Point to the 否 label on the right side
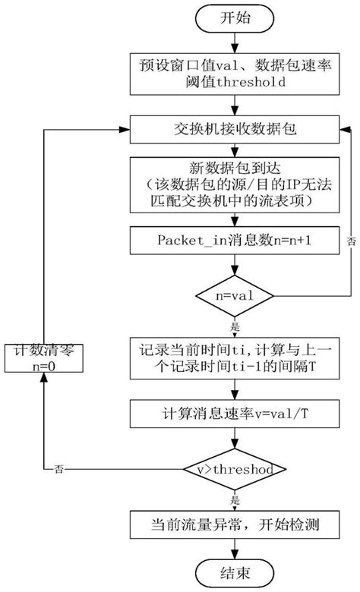click(x=351, y=241)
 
